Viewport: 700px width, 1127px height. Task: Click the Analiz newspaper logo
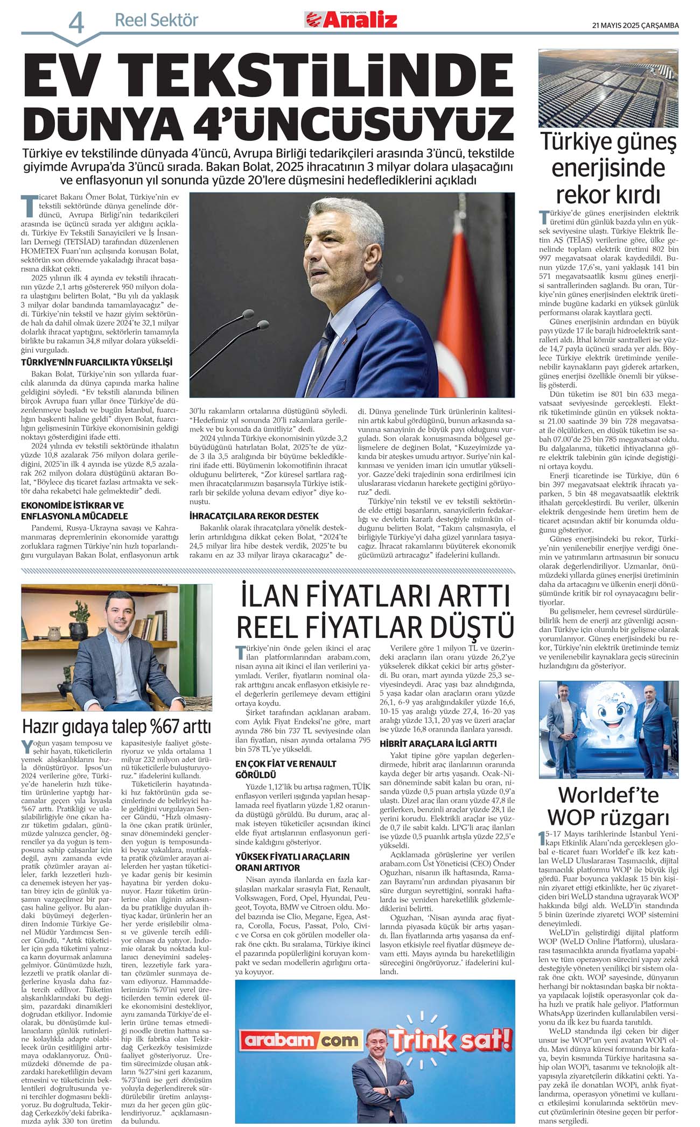(351, 20)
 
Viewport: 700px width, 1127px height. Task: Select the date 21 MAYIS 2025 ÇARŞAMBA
(635, 25)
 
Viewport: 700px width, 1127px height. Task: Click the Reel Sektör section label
(156, 20)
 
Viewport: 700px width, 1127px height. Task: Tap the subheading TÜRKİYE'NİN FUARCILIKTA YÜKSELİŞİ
(96, 363)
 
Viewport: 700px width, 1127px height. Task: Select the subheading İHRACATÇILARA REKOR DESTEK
(254, 515)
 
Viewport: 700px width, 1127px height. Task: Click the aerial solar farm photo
(608, 88)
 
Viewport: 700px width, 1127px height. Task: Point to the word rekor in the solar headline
(578, 194)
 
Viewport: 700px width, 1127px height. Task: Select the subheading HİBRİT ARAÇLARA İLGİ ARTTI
(438, 743)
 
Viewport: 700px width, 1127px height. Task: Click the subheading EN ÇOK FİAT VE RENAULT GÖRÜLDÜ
(285, 769)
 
